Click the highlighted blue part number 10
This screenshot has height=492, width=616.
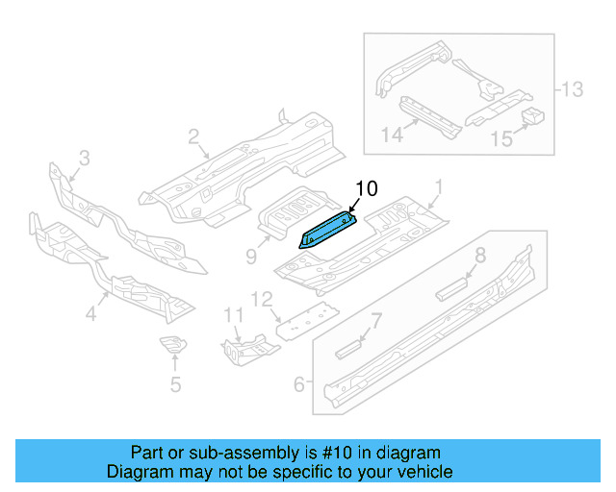tap(327, 232)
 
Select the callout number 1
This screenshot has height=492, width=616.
tap(438, 184)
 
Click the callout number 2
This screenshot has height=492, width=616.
tap(193, 136)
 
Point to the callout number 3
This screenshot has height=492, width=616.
tap(84, 157)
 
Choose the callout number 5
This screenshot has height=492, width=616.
tap(174, 385)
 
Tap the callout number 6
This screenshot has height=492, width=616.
tap(298, 384)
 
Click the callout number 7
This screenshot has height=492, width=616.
tap(376, 319)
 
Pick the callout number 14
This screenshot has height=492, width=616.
tap(392, 135)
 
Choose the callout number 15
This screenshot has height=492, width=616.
tap(501, 139)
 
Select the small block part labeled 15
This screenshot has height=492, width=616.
tap(532, 117)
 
